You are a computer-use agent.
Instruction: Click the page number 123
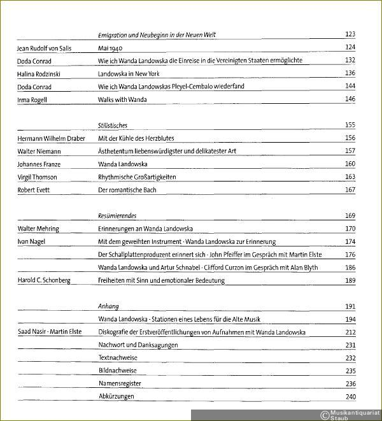tap(349, 34)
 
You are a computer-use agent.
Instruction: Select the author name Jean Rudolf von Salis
tap(49, 48)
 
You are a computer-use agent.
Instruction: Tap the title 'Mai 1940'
tap(110, 48)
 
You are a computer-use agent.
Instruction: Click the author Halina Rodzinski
tap(40, 73)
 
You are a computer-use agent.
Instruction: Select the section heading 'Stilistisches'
tap(113, 125)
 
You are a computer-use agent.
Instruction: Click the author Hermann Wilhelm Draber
tap(52, 138)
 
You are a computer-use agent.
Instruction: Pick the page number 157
tap(349, 151)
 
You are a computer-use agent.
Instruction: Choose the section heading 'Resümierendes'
tap(118, 216)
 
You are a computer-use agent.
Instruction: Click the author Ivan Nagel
tap(32, 242)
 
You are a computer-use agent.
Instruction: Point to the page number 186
tap(349, 268)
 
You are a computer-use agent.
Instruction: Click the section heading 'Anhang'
tap(109, 306)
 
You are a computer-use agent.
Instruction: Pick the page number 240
tap(349, 397)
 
